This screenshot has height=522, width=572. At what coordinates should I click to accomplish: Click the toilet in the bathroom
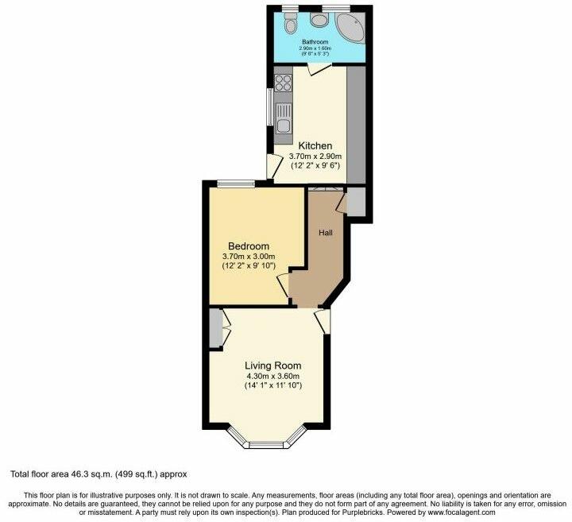[319, 19]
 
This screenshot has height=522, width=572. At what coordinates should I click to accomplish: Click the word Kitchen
[315, 146]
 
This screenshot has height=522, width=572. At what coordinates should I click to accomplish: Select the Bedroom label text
[249, 246]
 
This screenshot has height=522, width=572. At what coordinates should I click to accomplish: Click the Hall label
[326, 233]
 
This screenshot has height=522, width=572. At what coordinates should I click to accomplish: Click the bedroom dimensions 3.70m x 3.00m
[249, 257]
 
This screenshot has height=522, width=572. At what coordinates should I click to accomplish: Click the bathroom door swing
[316, 70]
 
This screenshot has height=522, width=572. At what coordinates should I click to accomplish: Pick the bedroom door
[283, 284]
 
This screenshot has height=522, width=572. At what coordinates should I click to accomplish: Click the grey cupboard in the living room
[215, 327]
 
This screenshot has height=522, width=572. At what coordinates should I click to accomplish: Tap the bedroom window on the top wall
[236, 184]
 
